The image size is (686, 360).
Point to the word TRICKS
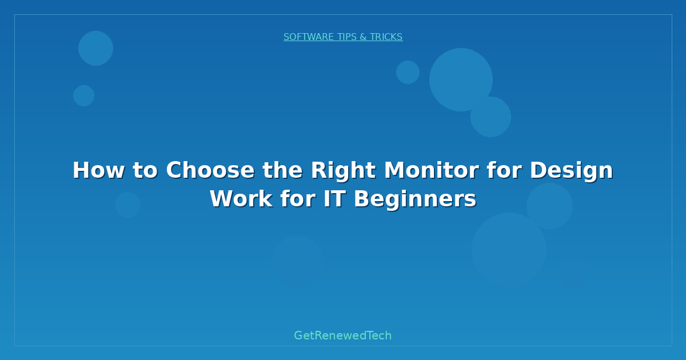pos(386,37)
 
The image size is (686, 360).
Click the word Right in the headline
pos(344,170)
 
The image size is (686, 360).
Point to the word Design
pos(571,170)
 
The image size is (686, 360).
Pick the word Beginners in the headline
pos(415,199)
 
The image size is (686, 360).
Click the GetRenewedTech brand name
pos(343,336)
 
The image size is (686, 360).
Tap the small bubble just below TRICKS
pos(408,72)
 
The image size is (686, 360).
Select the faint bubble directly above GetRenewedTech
pos(297,261)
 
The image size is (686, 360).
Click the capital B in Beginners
pos(361,199)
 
